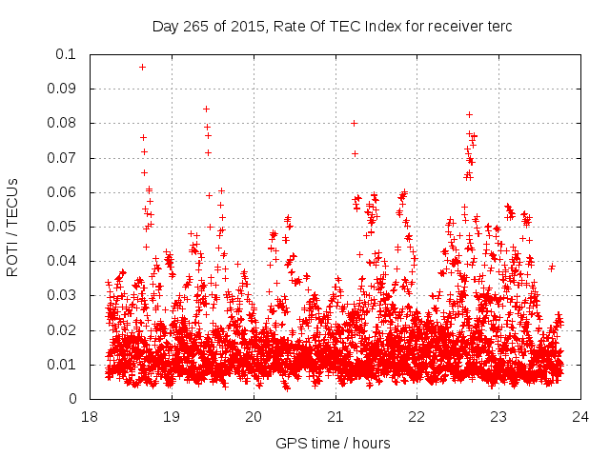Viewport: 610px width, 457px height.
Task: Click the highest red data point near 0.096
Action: click(x=142, y=67)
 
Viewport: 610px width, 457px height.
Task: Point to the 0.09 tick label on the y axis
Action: click(x=66, y=89)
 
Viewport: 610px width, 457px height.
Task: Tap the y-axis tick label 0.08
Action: click(x=66, y=123)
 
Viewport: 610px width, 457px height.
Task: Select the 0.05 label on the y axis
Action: click(x=66, y=227)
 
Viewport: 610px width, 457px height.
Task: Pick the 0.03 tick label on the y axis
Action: click(x=66, y=295)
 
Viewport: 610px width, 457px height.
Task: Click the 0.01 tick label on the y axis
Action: click(x=66, y=365)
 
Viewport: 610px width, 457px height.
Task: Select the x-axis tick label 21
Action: click(x=335, y=417)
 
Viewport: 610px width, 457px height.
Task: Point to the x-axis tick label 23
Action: click(x=499, y=417)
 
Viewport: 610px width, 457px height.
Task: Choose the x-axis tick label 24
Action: click(x=581, y=417)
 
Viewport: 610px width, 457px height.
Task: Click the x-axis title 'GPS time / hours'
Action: click(x=333, y=443)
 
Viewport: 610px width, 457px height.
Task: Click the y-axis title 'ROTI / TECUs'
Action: click(x=13, y=228)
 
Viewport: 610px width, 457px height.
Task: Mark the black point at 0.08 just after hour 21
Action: click(x=354, y=123)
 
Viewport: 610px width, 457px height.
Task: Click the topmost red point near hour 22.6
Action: click(x=469, y=114)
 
